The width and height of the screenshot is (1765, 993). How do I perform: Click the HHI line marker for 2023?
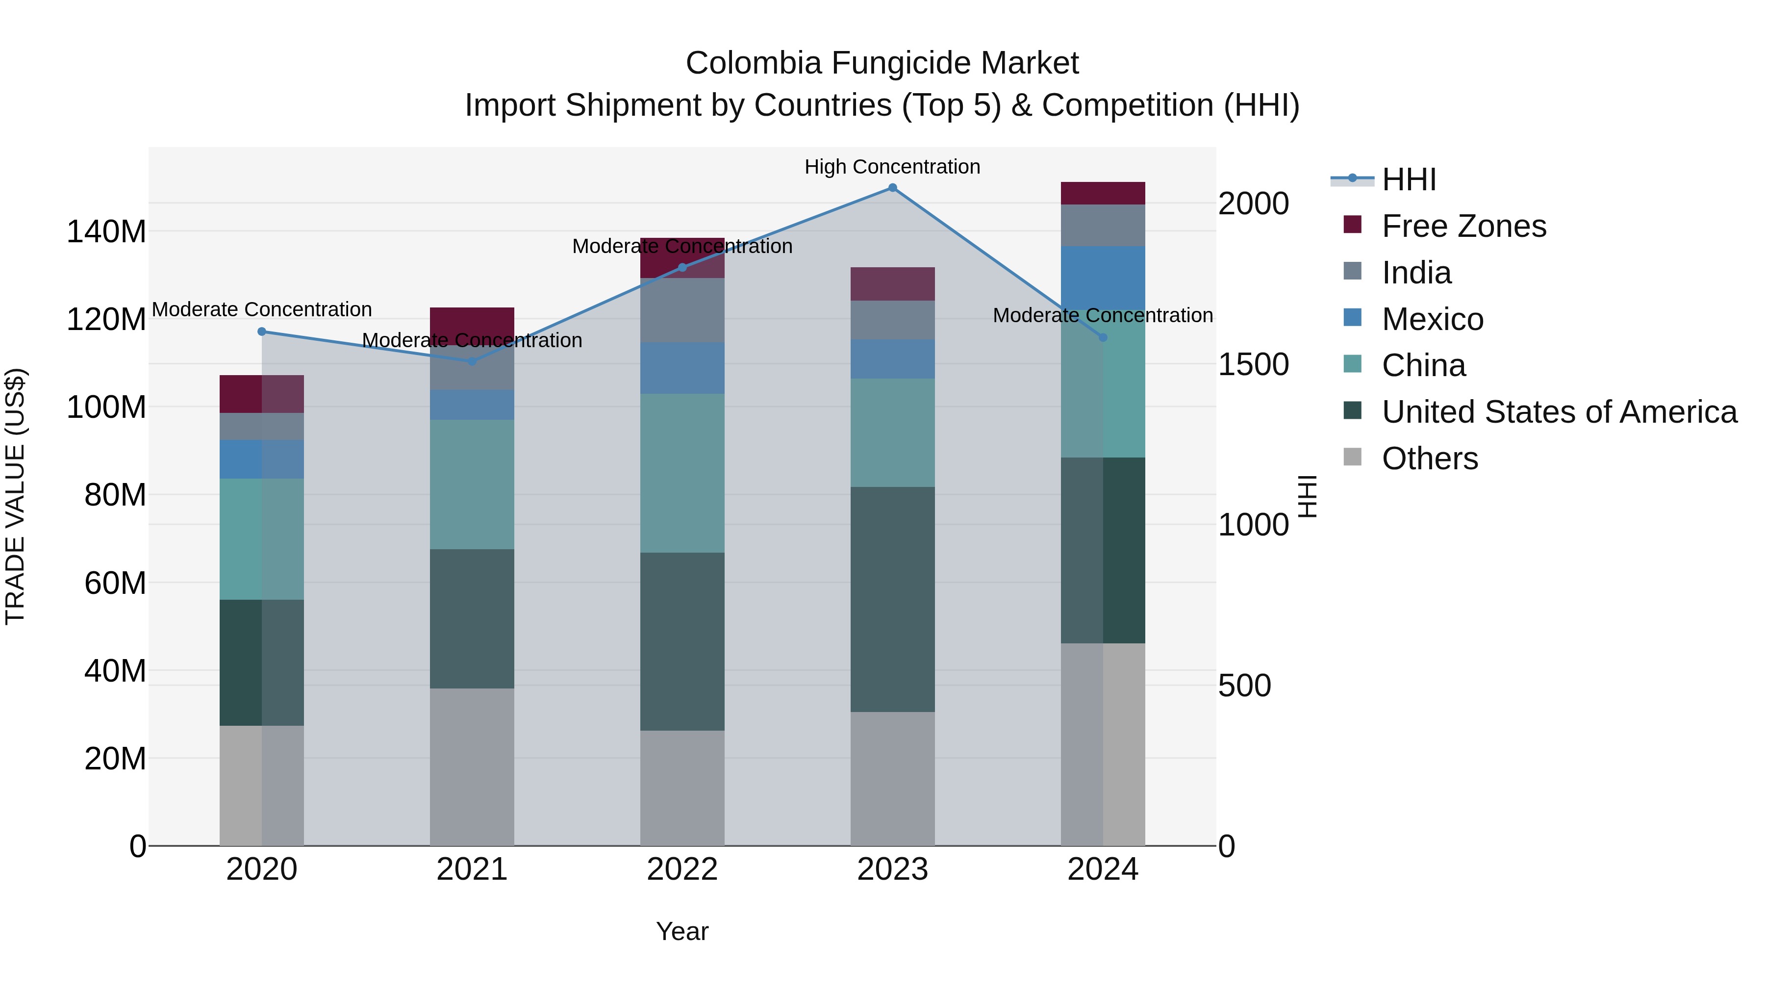892,188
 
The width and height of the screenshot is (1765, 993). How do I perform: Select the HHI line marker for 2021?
472,361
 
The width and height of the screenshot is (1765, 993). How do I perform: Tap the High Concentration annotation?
892,167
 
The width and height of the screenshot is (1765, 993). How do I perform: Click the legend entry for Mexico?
1432,319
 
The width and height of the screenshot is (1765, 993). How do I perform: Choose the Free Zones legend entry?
1463,226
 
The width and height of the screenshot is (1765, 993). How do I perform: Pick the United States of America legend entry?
1559,412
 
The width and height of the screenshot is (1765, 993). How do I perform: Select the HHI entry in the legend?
1408,179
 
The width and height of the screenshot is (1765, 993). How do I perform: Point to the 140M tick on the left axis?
106,231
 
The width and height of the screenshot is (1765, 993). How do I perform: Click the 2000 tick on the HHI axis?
1253,204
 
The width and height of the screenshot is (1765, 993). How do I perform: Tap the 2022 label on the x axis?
682,869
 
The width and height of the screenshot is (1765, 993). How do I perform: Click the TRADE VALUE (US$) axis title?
15,496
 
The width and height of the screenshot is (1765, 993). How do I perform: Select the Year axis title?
682,931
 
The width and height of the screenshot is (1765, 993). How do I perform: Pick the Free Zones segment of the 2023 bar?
892,284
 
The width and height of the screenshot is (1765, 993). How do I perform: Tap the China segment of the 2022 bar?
682,473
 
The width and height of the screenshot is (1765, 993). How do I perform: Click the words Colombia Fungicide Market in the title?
882,63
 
